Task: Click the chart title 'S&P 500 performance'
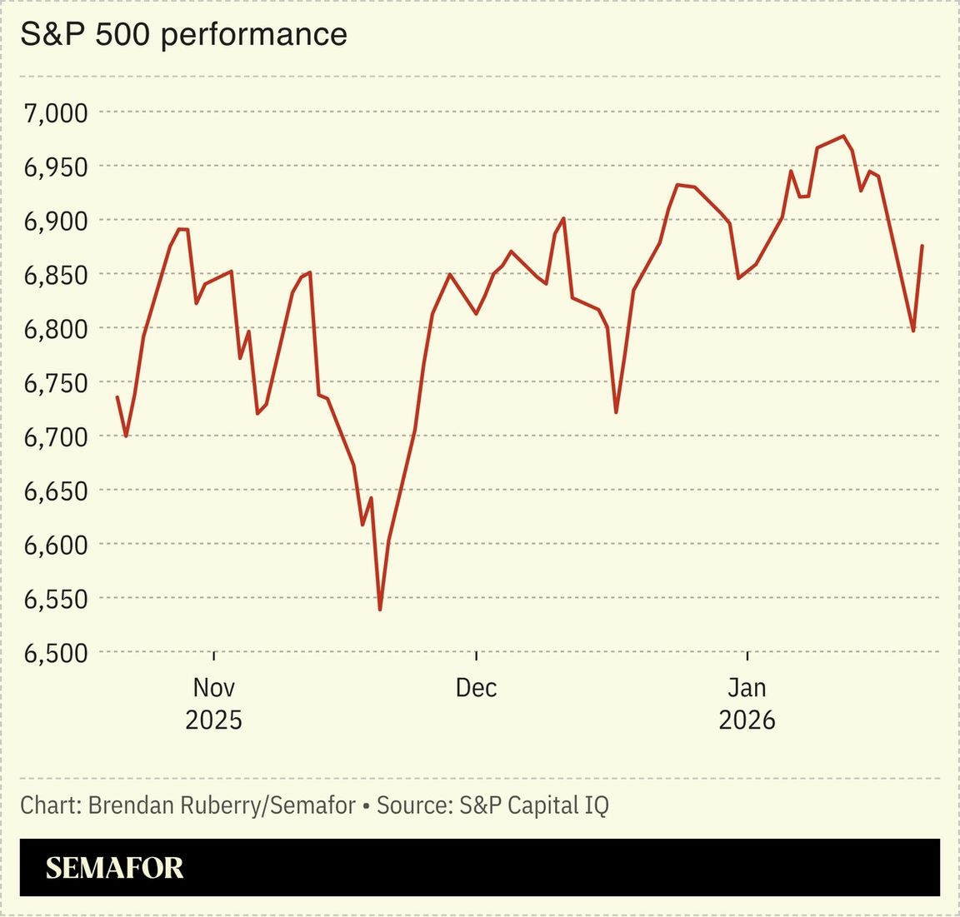click(x=183, y=34)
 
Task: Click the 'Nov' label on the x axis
click(x=214, y=688)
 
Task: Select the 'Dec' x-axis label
click(x=476, y=688)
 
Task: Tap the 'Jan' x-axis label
click(x=747, y=688)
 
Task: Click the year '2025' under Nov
click(x=214, y=720)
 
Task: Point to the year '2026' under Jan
click(x=747, y=720)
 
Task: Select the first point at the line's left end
click(x=117, y=397)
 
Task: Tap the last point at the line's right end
click(x=922, y=246)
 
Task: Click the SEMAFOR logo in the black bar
click(x=114, y=868)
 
